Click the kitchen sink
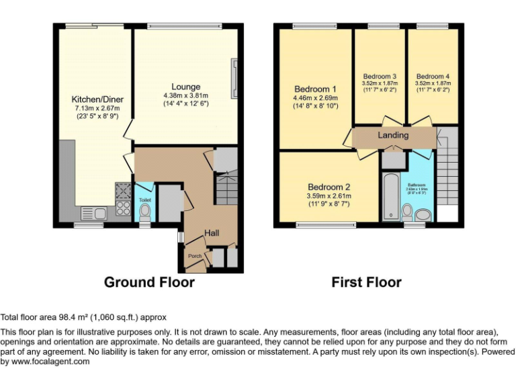94,214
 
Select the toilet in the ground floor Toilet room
144,212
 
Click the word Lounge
185,87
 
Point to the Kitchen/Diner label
97,99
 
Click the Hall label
212,232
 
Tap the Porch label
195,256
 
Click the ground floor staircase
227,188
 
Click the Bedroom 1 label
315,89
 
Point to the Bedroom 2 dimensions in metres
329,196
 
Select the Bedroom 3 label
380,76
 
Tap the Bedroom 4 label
433,76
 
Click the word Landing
393,136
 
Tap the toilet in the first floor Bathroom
406,213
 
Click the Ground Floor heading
149,282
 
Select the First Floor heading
366,282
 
